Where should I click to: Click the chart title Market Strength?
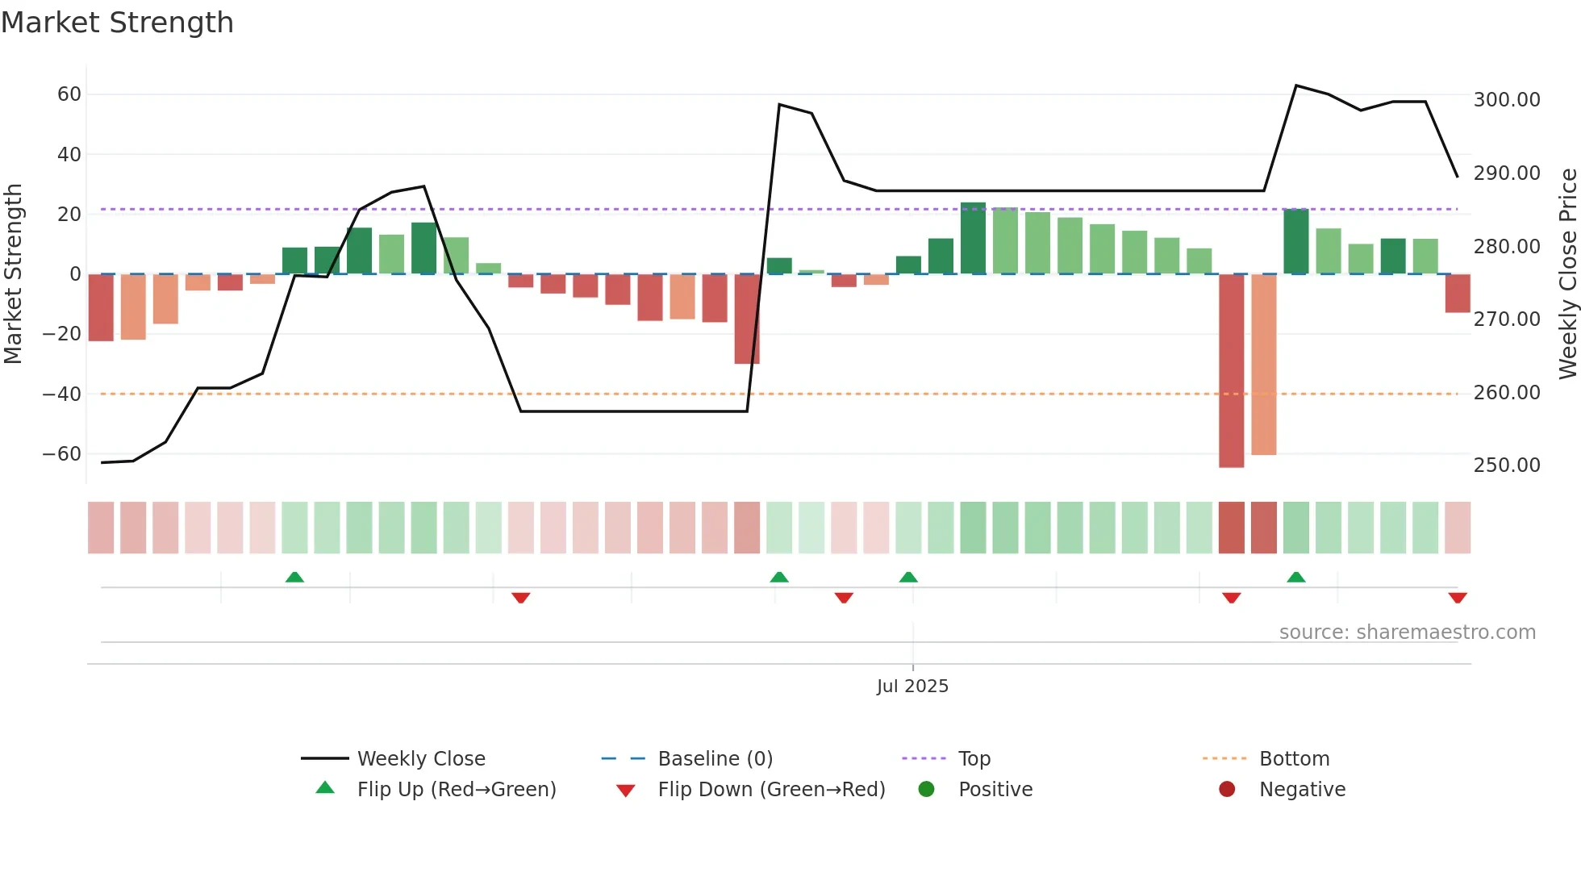[117, 23]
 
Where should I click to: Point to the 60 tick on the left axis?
[69, 94]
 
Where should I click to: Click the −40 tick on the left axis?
[62, 394]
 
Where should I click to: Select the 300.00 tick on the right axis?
[1506, 100]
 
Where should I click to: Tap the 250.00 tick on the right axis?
[1506, 465]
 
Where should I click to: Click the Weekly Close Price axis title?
[1567, 273]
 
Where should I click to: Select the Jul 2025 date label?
[912, 687]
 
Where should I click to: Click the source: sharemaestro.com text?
[1407, 632]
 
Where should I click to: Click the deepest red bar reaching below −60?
[1231, 371]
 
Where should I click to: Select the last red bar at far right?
[1457, 294]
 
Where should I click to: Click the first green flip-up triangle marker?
[294, 577]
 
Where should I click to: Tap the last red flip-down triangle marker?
[1457, 598]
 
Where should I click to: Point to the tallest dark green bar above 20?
[973, 239]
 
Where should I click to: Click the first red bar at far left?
[101, 307]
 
